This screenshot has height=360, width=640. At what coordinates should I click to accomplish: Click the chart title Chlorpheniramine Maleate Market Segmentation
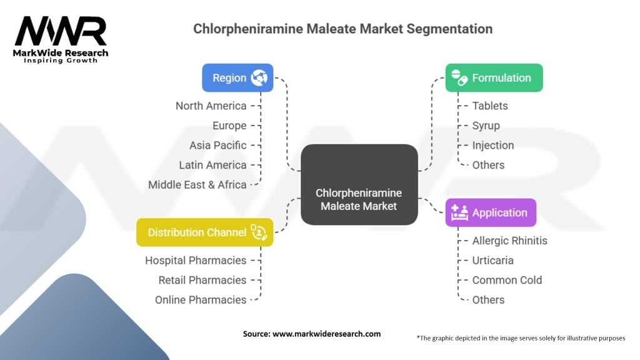(x=342, y=29)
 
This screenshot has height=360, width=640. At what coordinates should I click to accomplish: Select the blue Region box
(x=237, y=78)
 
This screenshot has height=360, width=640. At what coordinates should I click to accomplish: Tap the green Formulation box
(x=494, y=78)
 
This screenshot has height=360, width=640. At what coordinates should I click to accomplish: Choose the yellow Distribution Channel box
(x=204, y=232)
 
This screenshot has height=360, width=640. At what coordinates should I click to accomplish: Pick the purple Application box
(x=491, y=212)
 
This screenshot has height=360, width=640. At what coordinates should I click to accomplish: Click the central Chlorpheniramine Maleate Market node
(x=359, y=185)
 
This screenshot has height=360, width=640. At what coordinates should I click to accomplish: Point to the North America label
(x=211, y=106)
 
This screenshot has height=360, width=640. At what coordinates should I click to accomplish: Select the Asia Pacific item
(x=218, y=145)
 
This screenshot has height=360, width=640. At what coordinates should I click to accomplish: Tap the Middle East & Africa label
(x=197, y=184)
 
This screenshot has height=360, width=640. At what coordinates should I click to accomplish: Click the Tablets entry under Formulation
(x=490, y=106)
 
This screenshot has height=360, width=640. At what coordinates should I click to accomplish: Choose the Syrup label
(x=486, y=126)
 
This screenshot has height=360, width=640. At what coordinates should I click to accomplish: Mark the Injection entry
(x=493, y=145)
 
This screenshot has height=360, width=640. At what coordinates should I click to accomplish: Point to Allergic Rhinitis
(x=509, y=240)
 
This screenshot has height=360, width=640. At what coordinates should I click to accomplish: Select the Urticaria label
(x=492, y=260)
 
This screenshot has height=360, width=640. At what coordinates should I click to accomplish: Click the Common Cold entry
(x=507, y=280)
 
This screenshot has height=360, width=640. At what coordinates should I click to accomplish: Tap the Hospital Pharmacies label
(x=196, y=260)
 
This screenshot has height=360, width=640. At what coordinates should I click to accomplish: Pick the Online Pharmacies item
(x=201, y=299)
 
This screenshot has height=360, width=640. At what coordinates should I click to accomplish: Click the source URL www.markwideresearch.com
(x=327, y=334)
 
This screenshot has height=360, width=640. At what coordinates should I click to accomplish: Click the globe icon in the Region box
(x=259, y=78)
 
